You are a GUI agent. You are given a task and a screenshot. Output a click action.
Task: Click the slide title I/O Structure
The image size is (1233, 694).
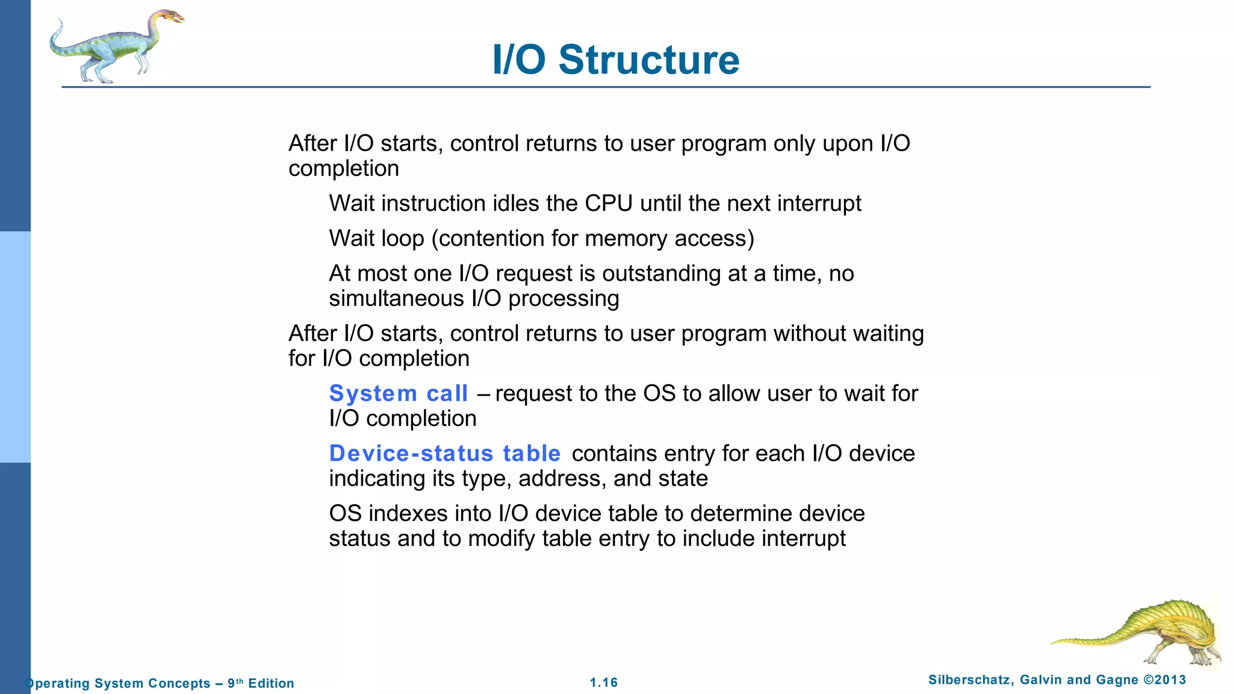tap(615, 60)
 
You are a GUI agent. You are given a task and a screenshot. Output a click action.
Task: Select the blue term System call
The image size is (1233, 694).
tap(398, 393)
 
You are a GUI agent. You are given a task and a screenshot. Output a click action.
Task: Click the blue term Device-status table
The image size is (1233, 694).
tap(444, 453)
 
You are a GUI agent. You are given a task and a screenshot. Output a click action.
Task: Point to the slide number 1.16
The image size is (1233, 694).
tap(603, 683)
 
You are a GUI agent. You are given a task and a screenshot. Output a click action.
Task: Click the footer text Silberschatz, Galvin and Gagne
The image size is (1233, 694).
tap(1033, 680)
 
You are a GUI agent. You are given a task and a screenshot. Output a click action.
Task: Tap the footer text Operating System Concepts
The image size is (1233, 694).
tap(117, 683)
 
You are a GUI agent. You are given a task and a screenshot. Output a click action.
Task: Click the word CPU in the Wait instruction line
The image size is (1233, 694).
tap(609, 204)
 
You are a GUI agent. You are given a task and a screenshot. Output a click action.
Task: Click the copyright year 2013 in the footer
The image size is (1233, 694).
tap(1170, 680)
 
